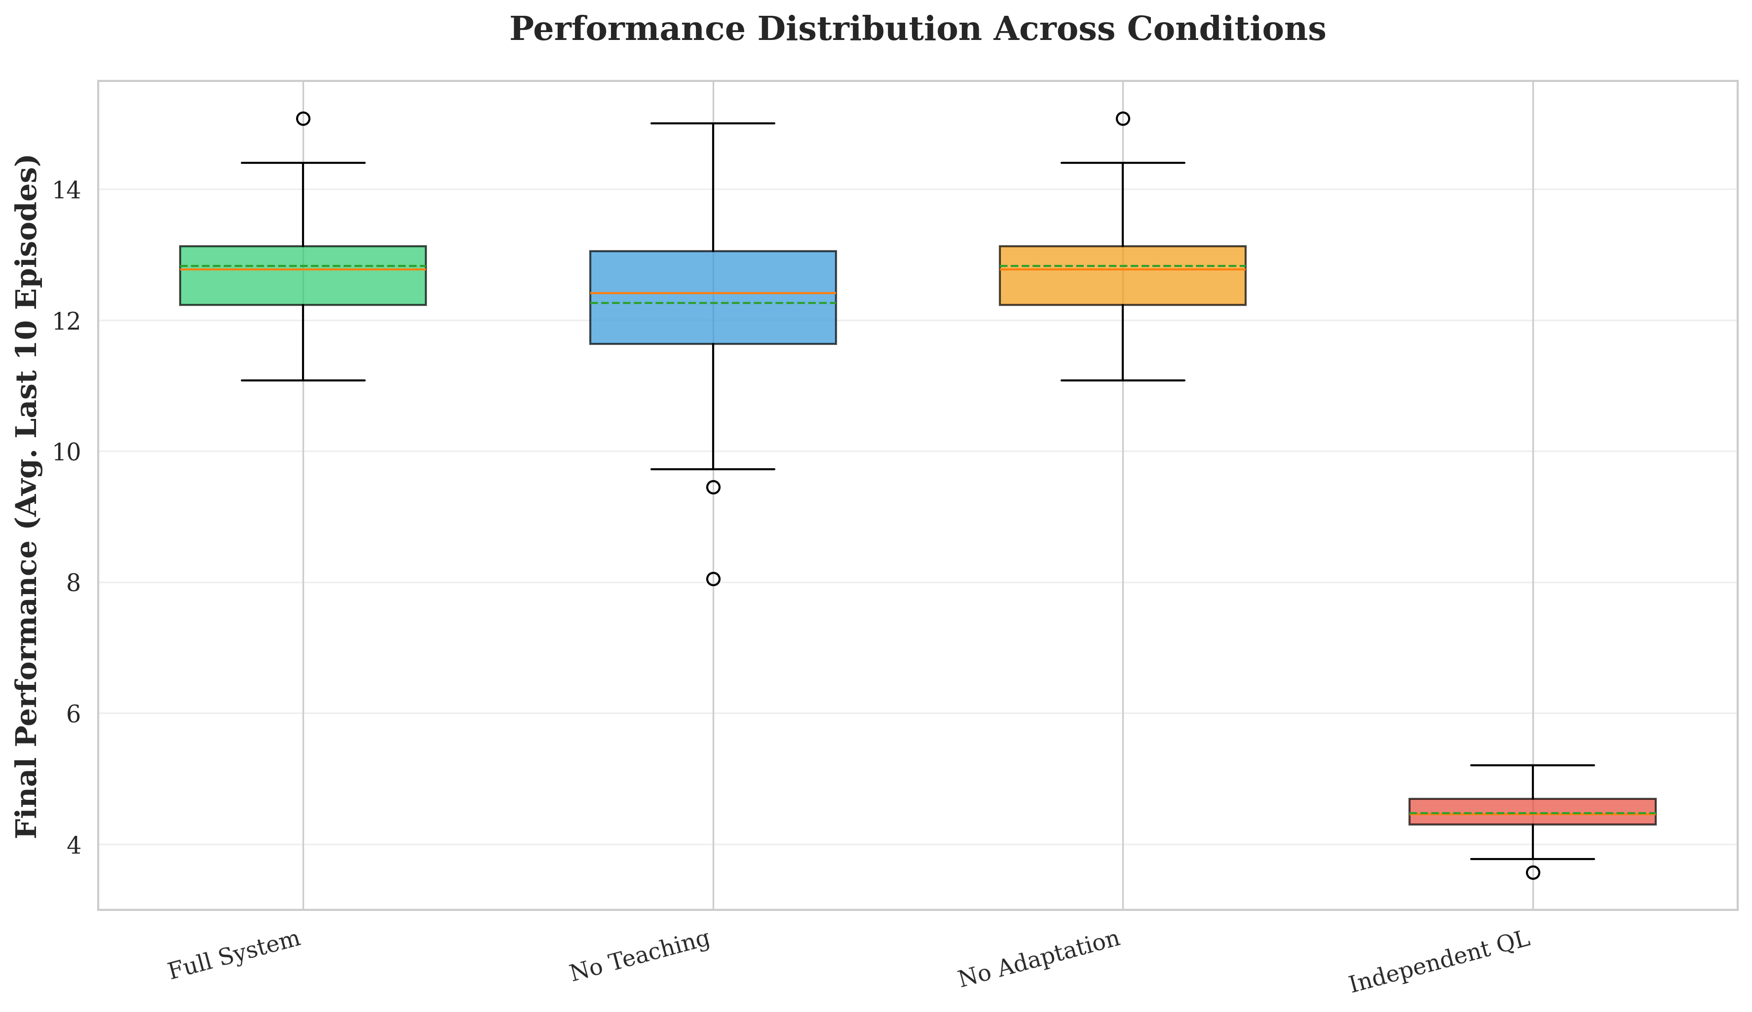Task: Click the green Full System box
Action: pos(303,285)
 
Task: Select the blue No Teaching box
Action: pos(712,320)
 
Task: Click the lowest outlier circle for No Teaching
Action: pos(713,579)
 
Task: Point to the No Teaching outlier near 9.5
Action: pos(713,487)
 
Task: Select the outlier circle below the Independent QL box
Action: pos(1532,872)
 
